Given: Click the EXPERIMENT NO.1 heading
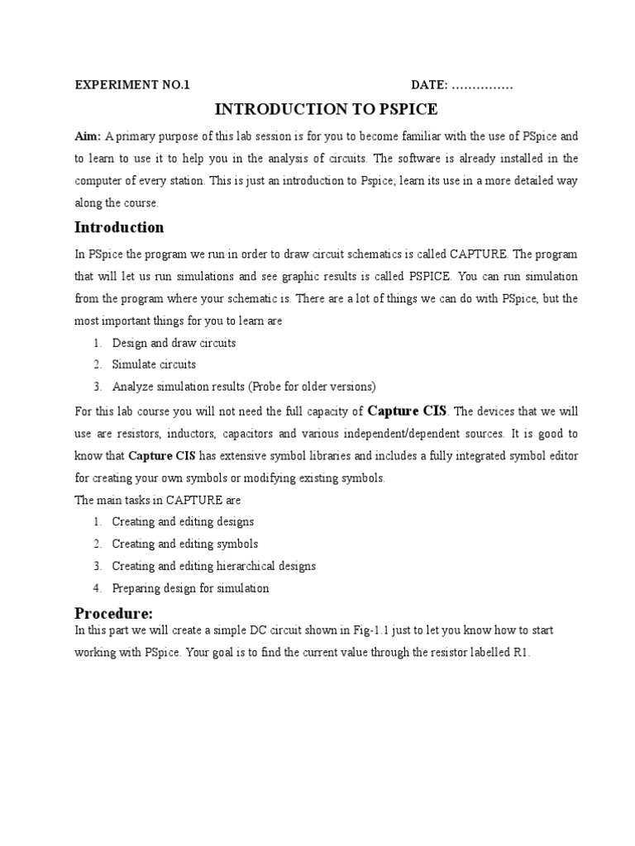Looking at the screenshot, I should (132, 85).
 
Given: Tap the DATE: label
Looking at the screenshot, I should (430, 85).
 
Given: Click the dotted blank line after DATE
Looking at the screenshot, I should (483, 86).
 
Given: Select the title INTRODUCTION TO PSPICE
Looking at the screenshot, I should (327, 109).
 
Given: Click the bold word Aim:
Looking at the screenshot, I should (88, 135).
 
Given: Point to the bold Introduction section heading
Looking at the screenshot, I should (119, 227).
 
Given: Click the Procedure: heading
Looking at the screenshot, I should (114, 613).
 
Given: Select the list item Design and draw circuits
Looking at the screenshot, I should (174, 343).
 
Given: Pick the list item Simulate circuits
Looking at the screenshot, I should (154, 364).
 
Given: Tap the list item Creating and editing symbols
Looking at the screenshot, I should (185, 544).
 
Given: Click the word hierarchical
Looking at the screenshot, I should (249, 567).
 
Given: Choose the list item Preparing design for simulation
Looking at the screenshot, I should (190, 589).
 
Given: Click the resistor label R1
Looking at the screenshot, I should (520, 653).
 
